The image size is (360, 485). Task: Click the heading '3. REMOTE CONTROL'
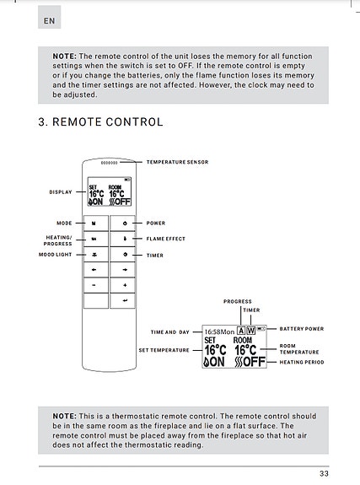click(100, 122)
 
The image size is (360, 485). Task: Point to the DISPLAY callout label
click(61, 191)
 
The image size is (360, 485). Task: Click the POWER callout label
click(155, 224)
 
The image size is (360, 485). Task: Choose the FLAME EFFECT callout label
click(165, 239)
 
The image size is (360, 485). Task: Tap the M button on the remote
click(94, 224)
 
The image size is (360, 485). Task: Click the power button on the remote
click(124, 224)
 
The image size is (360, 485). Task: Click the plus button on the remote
click(124, 285)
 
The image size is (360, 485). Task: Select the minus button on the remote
click(94, 285)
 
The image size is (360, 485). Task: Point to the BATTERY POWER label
click(302, 328)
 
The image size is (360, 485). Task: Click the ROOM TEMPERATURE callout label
click(299, 349)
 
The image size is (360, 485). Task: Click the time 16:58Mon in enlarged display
click(220, 331)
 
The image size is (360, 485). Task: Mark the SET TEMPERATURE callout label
click(164, 349)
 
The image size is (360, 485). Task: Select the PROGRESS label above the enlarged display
click(238, 301)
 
